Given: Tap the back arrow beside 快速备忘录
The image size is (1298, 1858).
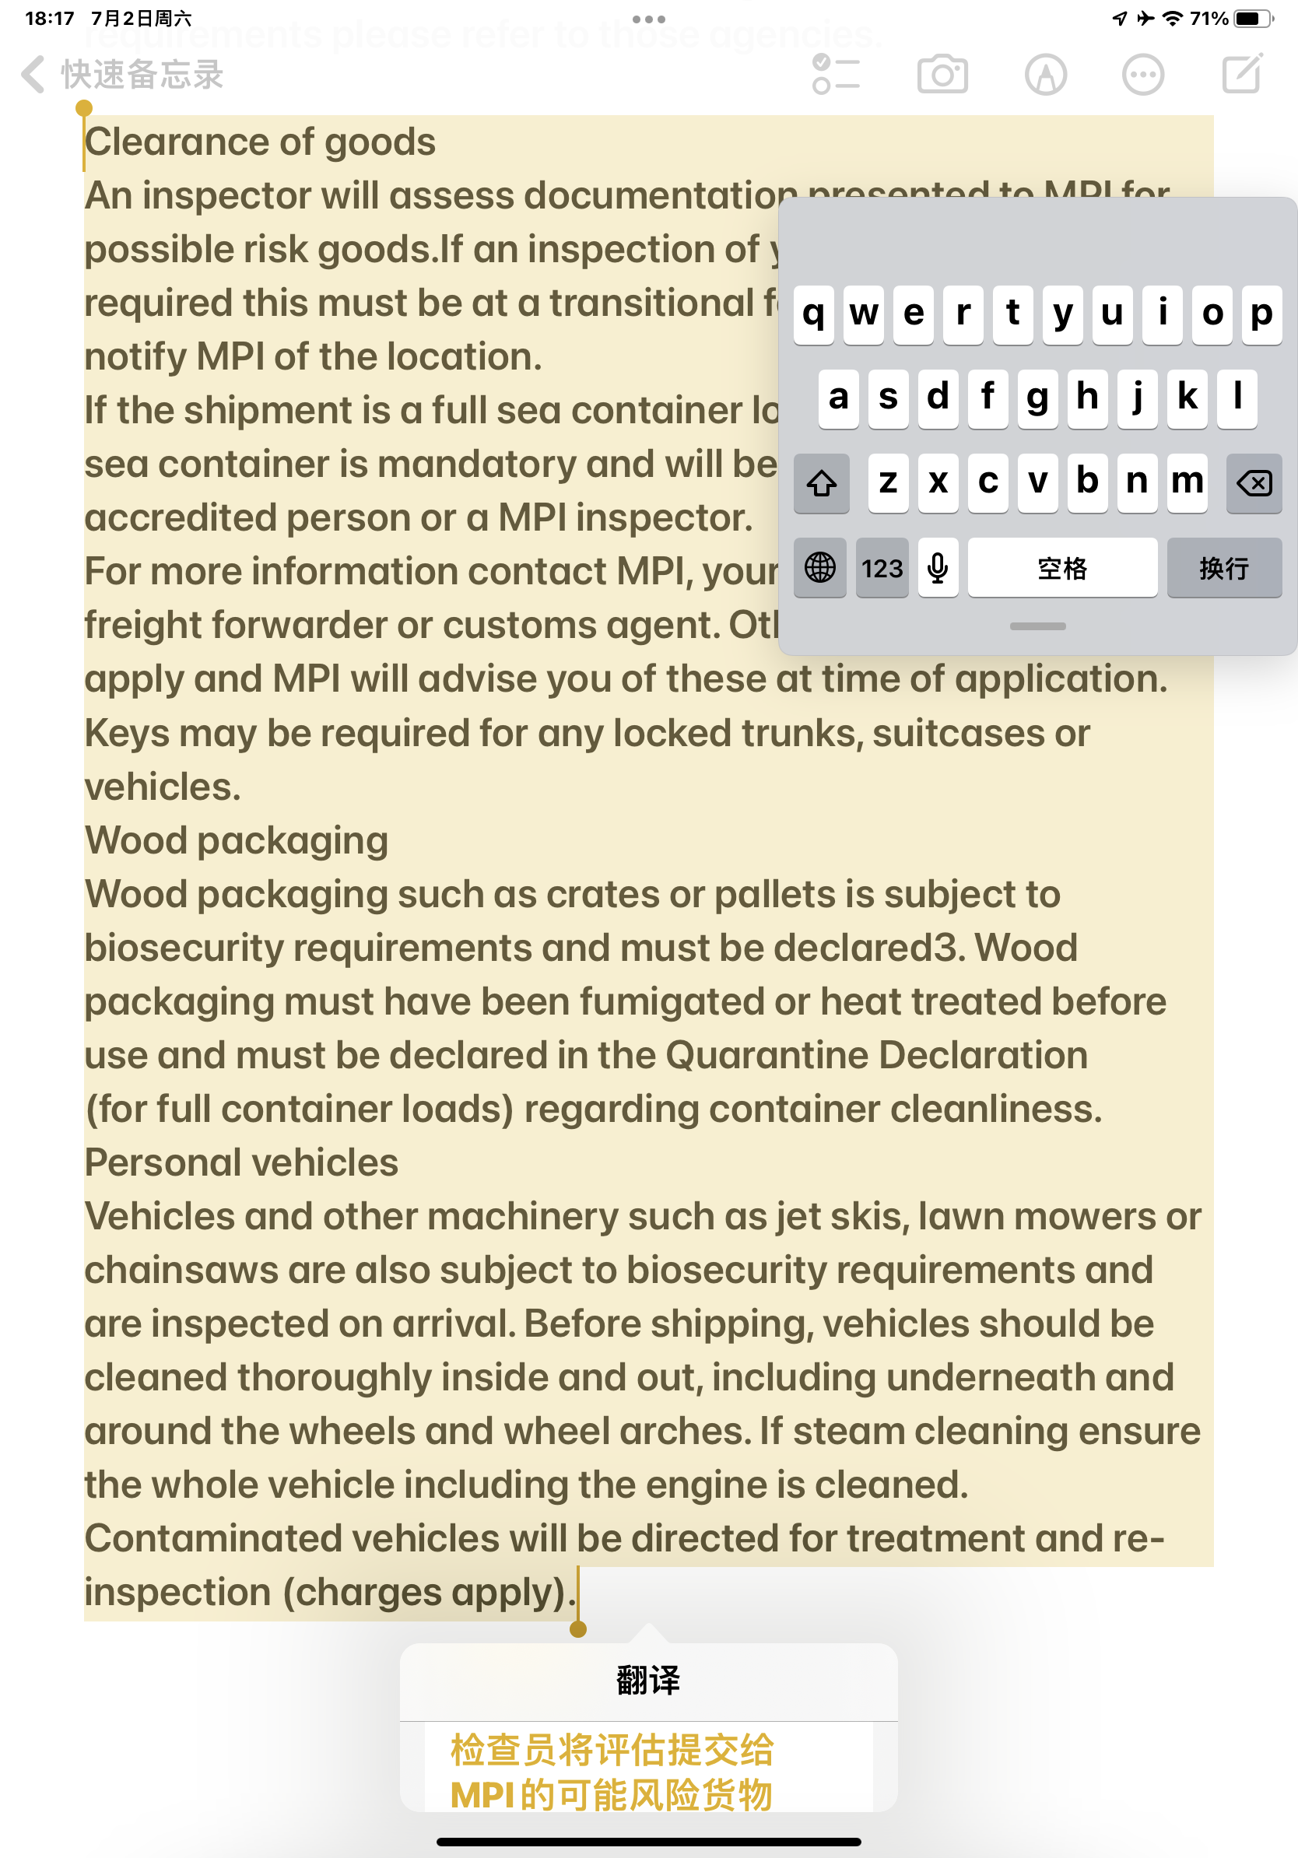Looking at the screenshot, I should coord(33,75).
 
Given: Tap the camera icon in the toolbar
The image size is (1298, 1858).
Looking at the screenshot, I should coord(942,75).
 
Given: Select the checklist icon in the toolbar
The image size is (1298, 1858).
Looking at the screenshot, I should coord(836,75).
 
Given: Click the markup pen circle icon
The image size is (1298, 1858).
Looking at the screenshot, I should coord(1046,75).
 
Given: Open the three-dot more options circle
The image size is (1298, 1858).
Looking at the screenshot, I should coord(1142,75).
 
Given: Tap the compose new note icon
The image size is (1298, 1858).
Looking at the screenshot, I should coord(1241,74).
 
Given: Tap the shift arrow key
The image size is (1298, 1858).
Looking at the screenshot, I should coord(821,484).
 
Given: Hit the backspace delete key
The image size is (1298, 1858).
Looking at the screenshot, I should coord(1254,484).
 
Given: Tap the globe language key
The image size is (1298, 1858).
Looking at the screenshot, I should coord(819,568).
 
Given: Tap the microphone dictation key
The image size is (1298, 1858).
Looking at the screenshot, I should coord(938,568).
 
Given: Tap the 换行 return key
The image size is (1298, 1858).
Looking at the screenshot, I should coord(1223,568).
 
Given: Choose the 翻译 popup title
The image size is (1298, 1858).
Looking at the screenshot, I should coord(648,1680).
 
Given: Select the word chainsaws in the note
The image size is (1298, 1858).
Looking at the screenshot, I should coord(181,1271).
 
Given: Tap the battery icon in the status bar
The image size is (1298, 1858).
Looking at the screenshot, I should coord(1253,19).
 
